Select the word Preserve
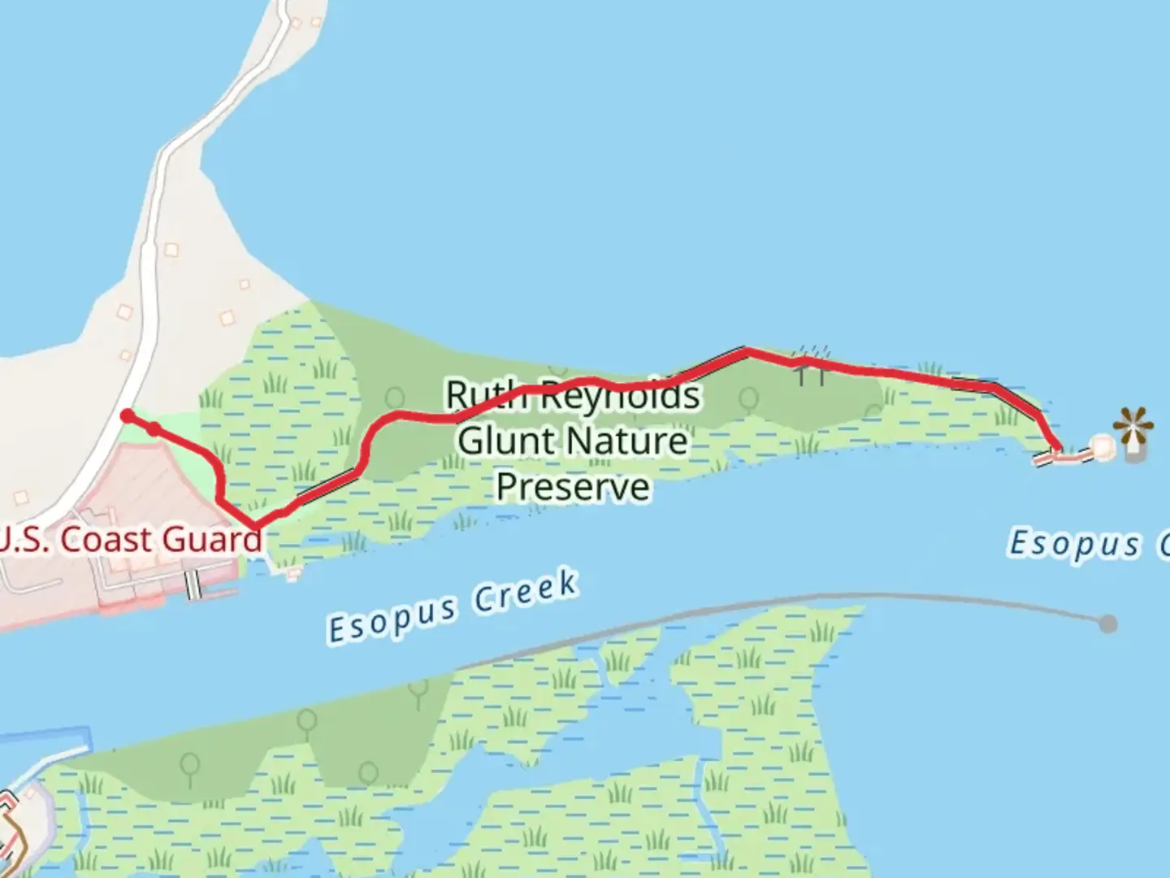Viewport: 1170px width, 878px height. tap(573, 487)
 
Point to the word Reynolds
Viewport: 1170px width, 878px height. tap(617, 396)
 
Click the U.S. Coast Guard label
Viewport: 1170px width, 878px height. tap(130, 539)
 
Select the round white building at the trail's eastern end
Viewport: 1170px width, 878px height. tap(1102, 446)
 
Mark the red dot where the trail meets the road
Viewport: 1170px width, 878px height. tap(128, 416)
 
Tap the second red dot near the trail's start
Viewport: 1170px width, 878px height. tap(154, 428)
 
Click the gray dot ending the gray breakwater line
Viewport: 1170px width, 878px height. tap(1107, 624)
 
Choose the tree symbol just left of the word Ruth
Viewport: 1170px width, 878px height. tap(395, 399)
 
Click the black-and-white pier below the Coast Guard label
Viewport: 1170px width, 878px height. tap(193, 585)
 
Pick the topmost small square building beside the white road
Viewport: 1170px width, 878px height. tap(171, 250)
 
